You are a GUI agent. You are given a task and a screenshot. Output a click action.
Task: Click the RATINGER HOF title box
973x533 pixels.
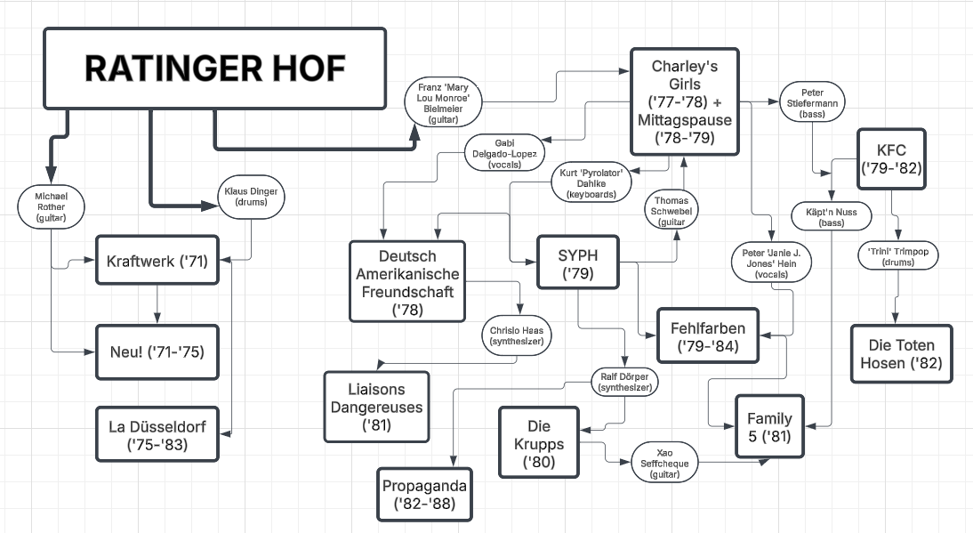(x=214, y=69)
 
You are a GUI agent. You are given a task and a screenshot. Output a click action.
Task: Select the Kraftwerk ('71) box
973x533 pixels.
(x=157, y=261)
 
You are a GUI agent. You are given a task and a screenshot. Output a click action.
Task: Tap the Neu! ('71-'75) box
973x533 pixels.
(x=157, y=351)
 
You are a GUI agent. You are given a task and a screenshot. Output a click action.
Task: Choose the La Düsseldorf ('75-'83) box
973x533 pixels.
(x=157, y=434)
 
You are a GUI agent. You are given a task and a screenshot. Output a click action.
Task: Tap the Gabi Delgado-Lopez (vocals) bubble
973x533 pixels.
(x=504, y=153)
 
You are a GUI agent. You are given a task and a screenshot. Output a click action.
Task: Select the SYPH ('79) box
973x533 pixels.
(x=577, y=262)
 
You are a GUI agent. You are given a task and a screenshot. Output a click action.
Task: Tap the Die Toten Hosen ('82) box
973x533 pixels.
(x=901, y=353)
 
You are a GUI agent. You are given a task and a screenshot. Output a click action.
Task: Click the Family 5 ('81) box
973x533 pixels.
(x=769, y=427)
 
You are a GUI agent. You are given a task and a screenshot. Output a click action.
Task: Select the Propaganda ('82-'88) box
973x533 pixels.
(x=424, y=494)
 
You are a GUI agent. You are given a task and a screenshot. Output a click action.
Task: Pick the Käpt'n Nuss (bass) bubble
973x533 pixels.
(x=832, y=216)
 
